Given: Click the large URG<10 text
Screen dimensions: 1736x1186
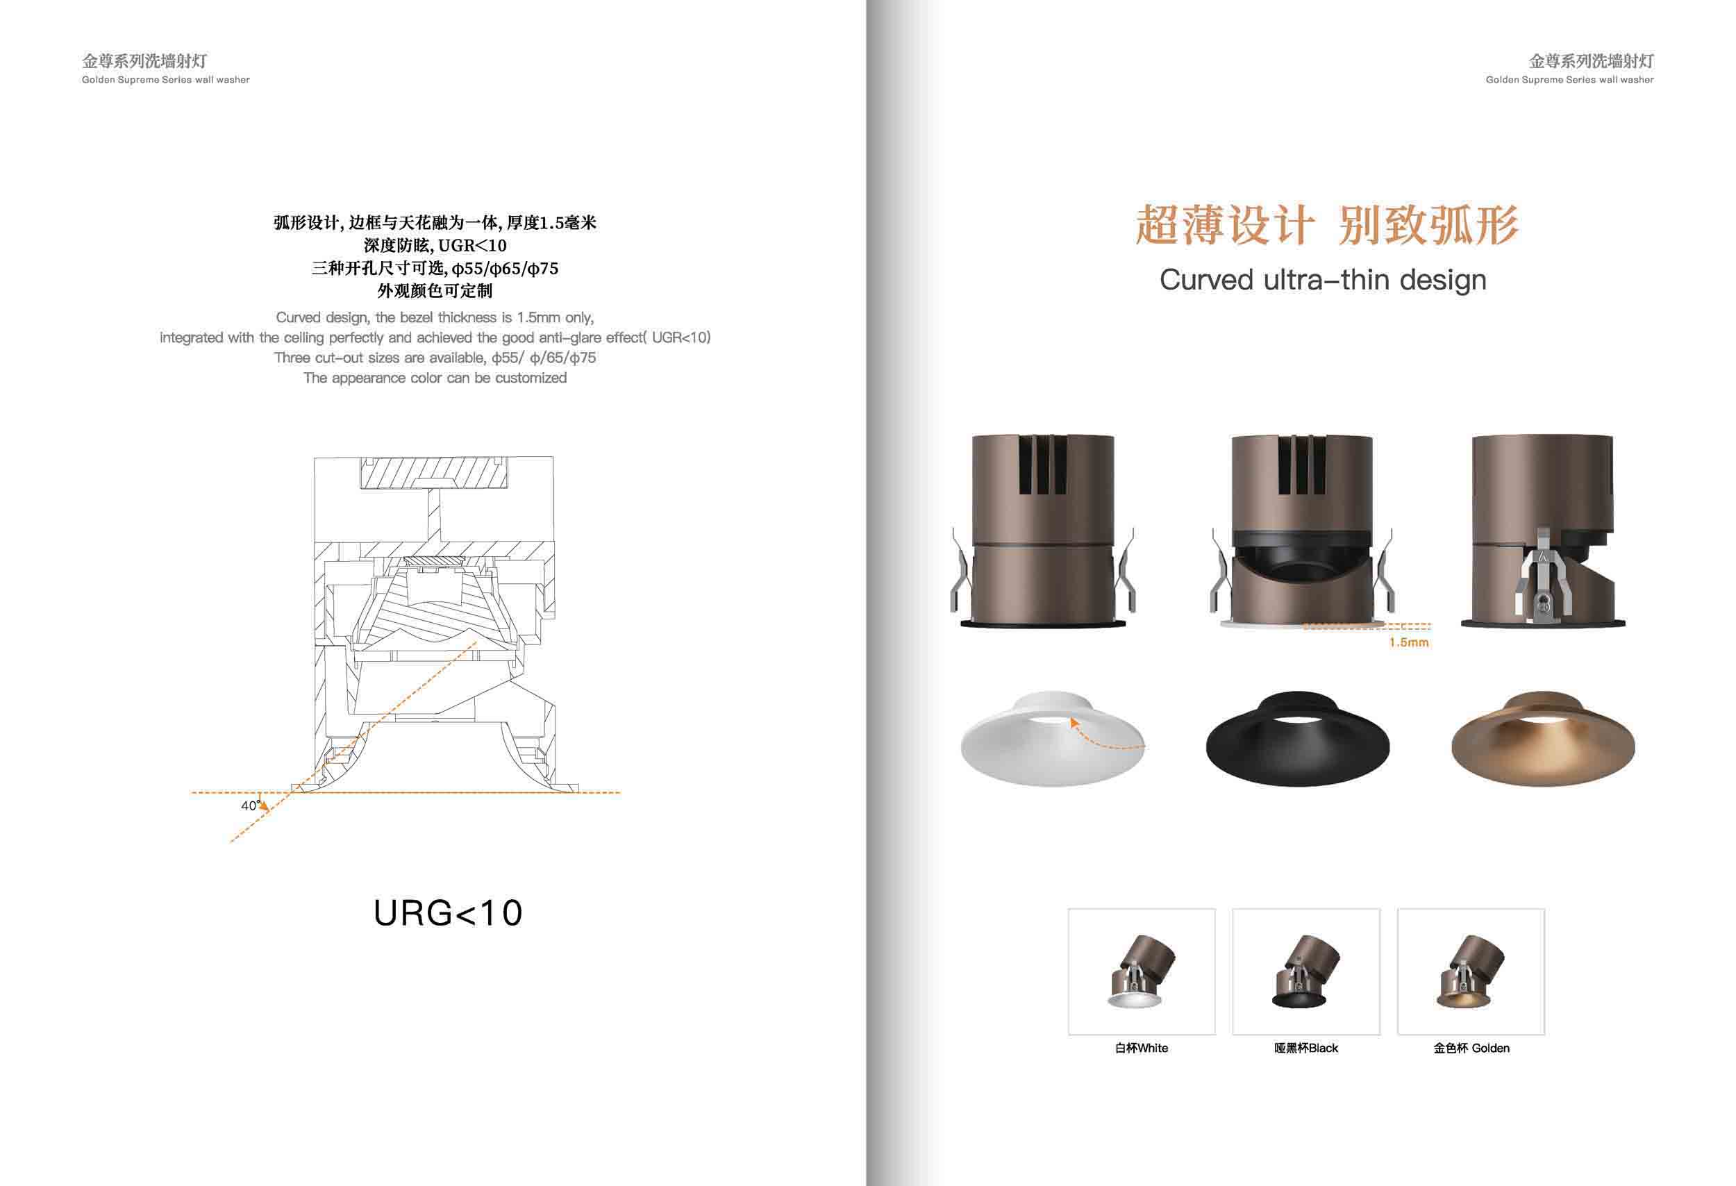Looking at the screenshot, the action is tap(447, 912).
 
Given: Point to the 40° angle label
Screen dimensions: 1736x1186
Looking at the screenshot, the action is tap(250, 805).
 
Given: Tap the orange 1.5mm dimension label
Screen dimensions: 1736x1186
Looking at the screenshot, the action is tap(1409, 642).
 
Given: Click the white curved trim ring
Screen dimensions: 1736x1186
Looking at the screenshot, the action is tap(1052, 754).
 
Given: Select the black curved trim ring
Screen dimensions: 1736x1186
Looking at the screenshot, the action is tap(1298, 754).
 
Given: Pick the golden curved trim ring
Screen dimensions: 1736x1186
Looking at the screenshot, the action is tap(1543, 754).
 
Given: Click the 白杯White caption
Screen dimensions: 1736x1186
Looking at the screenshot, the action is tap(1142, 1048).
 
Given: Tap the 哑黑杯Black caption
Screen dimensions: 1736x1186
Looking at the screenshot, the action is tap(1305, 1048).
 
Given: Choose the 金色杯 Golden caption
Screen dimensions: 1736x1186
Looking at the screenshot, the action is tap(1471, 1048).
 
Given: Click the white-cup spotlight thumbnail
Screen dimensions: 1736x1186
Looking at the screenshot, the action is tap(1142, 971).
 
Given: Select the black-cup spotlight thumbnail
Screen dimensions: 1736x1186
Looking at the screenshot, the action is tap(1305, 971).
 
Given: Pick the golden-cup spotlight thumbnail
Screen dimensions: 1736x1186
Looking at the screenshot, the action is tap(1470, 971).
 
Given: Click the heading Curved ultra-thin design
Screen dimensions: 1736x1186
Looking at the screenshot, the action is tap(1323, 280).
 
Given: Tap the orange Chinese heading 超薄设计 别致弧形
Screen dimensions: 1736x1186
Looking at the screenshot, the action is tap(1326, 225).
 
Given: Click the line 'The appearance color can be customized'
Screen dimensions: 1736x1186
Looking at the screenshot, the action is tap(435, 378).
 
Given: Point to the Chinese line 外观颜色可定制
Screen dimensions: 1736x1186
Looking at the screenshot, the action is tap(435, 290).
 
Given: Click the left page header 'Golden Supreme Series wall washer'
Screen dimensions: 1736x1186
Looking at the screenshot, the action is tap(166, 80).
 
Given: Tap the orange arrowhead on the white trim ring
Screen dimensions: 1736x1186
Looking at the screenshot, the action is tap(1074, 722).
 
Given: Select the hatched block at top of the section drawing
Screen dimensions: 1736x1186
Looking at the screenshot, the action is tap(433, 474).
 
